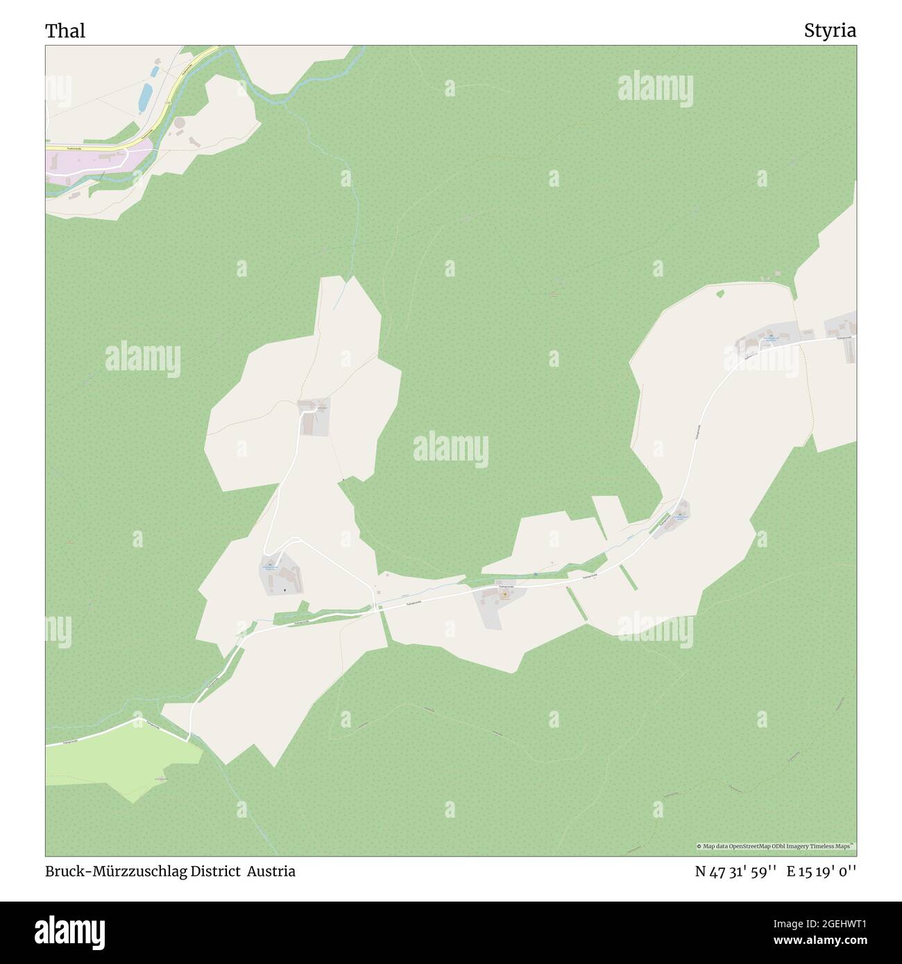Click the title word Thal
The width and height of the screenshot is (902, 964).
[x=65, y=31]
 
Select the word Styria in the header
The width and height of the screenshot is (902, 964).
[x=830, y=31]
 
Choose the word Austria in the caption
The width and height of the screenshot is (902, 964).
[x=273, y=871]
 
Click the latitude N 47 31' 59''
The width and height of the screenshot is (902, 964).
[x=736, y=871]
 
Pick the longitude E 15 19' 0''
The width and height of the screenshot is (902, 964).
[x=822, y=871]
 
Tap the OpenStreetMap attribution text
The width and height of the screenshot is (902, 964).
[x=776, y=846]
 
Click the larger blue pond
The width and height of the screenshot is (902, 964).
[x=145, y=96]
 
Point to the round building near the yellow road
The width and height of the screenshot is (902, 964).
[x=180, y=123]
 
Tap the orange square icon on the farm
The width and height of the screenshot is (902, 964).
[x=504, y=594]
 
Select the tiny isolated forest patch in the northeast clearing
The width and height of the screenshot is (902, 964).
[x=719, y=293]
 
